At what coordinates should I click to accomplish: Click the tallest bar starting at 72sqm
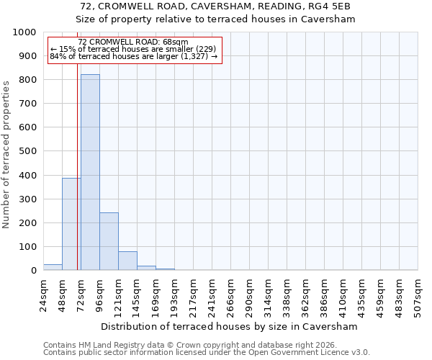(90, 173)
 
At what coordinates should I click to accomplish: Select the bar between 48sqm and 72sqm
(71, 224)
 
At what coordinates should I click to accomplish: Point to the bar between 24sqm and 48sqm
(53, 267)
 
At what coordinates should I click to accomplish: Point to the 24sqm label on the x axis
(43, 294)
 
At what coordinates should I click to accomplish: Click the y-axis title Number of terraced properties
(6, 154)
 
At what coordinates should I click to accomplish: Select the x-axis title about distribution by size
(230, 326)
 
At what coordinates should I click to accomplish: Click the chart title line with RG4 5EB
(216, 6)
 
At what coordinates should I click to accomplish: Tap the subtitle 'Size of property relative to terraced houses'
(216, 19)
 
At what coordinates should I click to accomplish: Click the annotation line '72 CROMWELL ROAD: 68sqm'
(132, 42)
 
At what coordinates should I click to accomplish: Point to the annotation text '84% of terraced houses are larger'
(133, 56)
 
